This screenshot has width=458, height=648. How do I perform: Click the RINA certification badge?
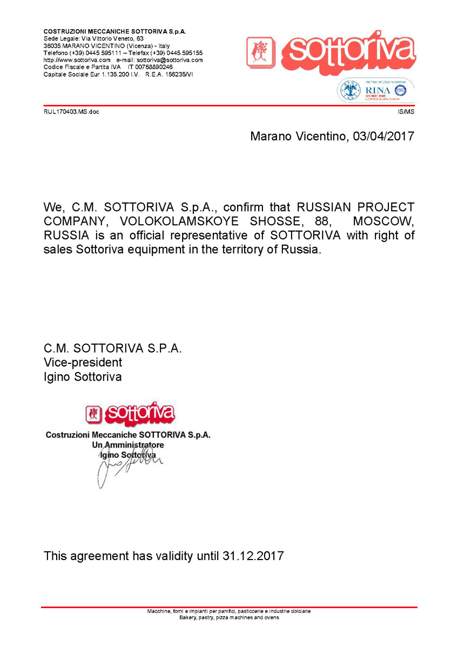pyautogui.click(x=376, y=90)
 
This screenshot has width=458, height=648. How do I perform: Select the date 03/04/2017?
pyautogui.click(x=383, y=136)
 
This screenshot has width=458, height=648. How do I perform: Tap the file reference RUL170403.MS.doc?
pyautogui.click(x=71, y=112)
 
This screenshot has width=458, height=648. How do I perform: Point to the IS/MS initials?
pyautogui.click(x=406, y=112)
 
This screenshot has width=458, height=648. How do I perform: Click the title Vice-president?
pyautogui.click(x=83, y=362)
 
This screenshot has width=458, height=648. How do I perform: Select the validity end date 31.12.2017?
pyautogui.click(x=253, y=556)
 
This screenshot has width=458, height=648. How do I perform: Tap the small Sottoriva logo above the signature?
pyautogui.click(x=130, y=414)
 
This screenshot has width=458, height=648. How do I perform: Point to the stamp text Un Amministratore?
pyautogui.click(x=128, y=445)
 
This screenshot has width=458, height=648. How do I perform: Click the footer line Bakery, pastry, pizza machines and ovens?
pyautogui.click(x=229, y=617)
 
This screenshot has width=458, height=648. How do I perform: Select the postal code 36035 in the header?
pyautogui.click(x=52, y=46)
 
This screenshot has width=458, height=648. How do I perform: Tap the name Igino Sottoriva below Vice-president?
pyautogui.click(x=83, y=377)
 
